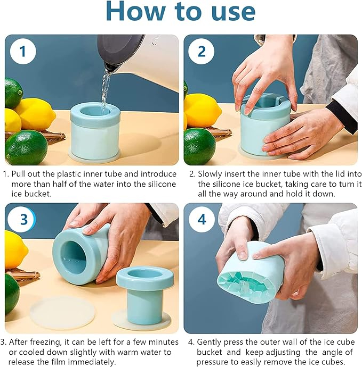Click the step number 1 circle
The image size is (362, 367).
click(x=23, y=51)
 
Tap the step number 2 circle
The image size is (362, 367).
click(x=202, y=51)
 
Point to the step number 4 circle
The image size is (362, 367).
click(x=202, y=220)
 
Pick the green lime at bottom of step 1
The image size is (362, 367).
click(x=26, y=147)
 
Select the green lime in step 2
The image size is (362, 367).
click(x=199, y=146)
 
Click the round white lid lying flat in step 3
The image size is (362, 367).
click(x=62, y=313)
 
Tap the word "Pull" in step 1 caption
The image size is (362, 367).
click(x=18, y=174)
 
